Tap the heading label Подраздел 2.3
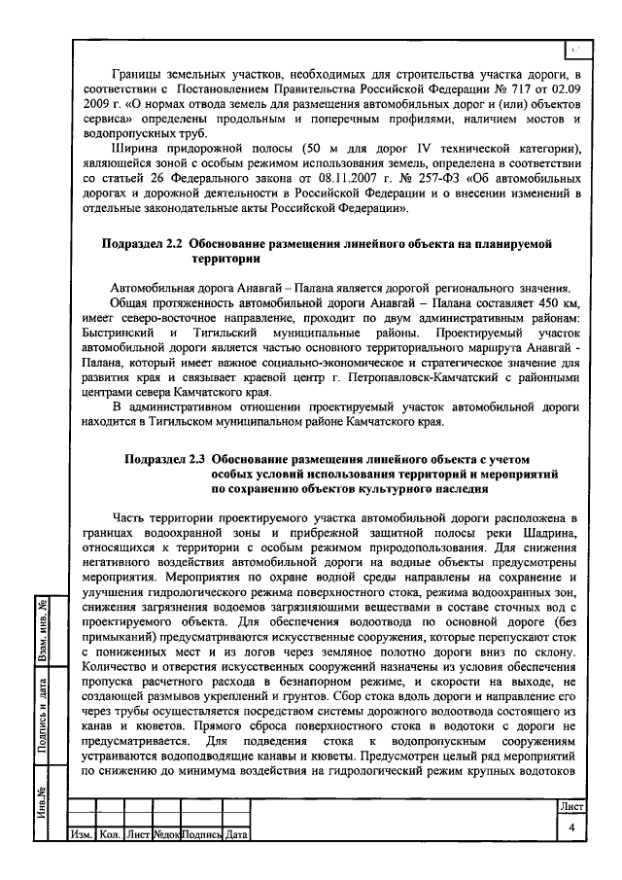click(166, 457)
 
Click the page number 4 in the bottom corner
click(572, 826)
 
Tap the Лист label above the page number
click(571, 806)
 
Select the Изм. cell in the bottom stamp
click(81, 834)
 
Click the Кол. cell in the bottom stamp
click(110, 834)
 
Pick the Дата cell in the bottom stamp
click(236, 834)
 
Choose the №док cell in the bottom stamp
click(163, 834)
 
